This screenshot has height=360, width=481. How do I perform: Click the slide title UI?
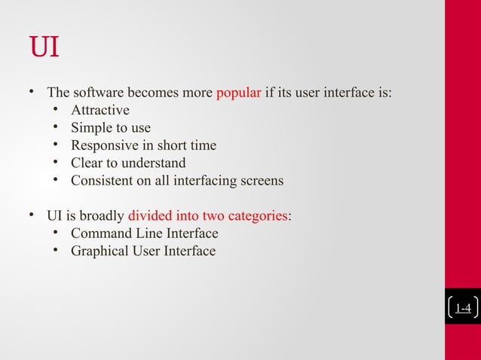tap(44, 47)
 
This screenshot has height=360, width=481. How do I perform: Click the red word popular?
tap(238, 93)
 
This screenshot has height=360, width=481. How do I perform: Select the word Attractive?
tap(100, 111)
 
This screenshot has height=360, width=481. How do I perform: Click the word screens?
tap(261, 181)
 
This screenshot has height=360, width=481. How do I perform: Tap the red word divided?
tap(150, 216)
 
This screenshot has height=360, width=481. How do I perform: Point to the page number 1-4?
tap(463, 307)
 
